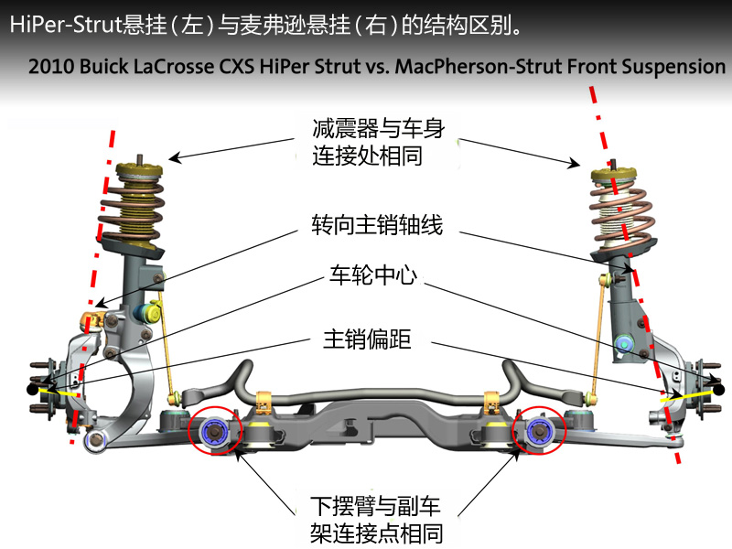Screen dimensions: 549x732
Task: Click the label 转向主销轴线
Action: [376, 225]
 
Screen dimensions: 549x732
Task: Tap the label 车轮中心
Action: [371, 275]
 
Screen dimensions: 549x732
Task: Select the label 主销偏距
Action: [367, 339]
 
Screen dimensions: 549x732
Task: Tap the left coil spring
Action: [134, 208]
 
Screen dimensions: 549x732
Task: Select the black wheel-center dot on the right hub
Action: [719, 389]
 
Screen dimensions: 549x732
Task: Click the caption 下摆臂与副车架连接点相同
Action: [376, 518]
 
